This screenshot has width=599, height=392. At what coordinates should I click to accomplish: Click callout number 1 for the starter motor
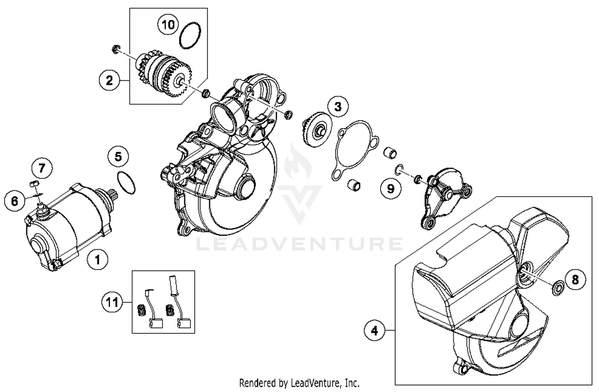pos(97,260)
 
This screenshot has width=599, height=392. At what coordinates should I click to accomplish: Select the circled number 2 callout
pos(109,80)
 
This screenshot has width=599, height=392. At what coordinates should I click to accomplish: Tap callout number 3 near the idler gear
pos(338,107)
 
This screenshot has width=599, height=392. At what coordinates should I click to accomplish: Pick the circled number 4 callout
pos(374,330)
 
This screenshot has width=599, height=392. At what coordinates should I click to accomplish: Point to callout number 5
pos(118,156)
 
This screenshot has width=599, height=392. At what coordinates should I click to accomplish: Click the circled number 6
pos(14,200)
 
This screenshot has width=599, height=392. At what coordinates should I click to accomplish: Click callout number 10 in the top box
pos(168,25)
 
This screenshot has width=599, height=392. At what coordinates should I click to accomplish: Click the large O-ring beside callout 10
pos(190,35)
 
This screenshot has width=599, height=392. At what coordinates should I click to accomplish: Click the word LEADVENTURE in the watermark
pos(299,244)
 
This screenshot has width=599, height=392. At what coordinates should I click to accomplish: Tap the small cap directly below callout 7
pos(34,184)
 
